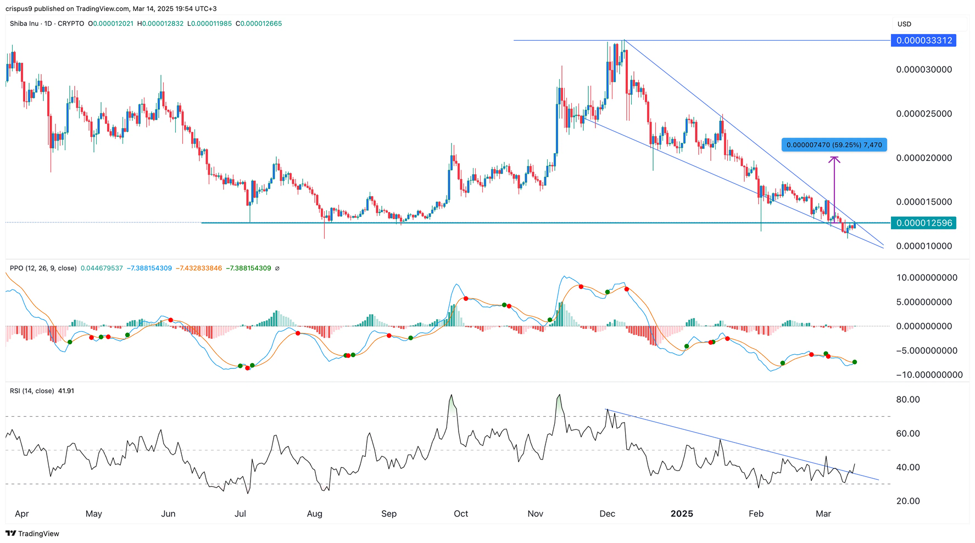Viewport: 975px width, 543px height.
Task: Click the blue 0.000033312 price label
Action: [923, 41]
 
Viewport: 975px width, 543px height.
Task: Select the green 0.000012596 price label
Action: [923, 223]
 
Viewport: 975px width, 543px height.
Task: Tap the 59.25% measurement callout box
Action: [834, 145]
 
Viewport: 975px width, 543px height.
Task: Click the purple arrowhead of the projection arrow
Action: [834, 160]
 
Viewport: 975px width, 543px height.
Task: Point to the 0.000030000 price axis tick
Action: [924, 70]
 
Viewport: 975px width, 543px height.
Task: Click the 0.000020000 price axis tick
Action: [924, 158]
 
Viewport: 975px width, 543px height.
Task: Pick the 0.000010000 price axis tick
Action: [924, 246]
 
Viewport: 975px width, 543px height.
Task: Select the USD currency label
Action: [904, 24]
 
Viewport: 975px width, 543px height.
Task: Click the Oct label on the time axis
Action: [461, 514]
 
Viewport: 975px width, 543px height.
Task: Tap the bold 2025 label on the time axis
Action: [682, 514]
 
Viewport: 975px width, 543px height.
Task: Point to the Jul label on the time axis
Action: [240, 514]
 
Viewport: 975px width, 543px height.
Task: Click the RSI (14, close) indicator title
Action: [32, 391]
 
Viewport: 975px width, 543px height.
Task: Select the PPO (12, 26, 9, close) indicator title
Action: [43, 268]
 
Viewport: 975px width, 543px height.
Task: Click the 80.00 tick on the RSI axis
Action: [908, 400]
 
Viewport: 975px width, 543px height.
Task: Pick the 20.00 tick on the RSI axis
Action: [908, 501]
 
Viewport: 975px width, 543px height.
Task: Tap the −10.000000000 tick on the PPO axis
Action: [929, 375]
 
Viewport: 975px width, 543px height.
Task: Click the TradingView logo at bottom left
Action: [32, 534]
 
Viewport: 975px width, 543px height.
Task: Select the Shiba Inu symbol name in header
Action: [25, 24]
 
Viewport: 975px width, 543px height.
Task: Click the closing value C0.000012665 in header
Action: [259, 24]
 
